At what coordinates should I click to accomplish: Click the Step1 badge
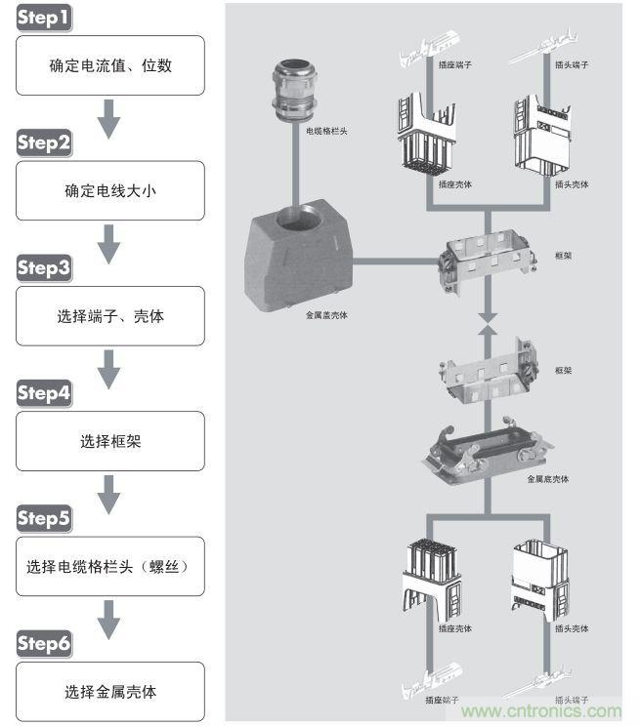pyautogui.click(x=44, y=19)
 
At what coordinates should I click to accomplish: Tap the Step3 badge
pyautogui.click(x=44, y=268)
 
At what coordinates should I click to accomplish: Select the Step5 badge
pyautogui.click(x=44, y=519)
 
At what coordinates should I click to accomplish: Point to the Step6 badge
pyautogui.click(x=44, y=644)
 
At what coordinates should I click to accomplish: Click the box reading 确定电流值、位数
pyautogui.click(x=110, y=66)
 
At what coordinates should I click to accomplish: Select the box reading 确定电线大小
pyautogui.click(x=110, y=191)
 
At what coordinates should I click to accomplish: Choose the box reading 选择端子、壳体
pyautogui.click(x=110, y=316)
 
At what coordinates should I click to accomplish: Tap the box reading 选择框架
pyautogui.click(x=110, y=441)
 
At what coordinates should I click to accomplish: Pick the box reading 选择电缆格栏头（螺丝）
pyautogui.click(x=110, y=566)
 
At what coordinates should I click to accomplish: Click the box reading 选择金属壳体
pyautogui.click(x=110, y=691)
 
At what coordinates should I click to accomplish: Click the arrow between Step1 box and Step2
pyautogui.click(x=109, y=121)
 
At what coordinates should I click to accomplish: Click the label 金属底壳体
pyautogui.click(x=548, y=479)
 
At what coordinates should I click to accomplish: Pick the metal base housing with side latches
pyautogui.click(x=487, y=451)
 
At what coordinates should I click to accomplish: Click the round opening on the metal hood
pyautogui.click(x=294, y=222)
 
